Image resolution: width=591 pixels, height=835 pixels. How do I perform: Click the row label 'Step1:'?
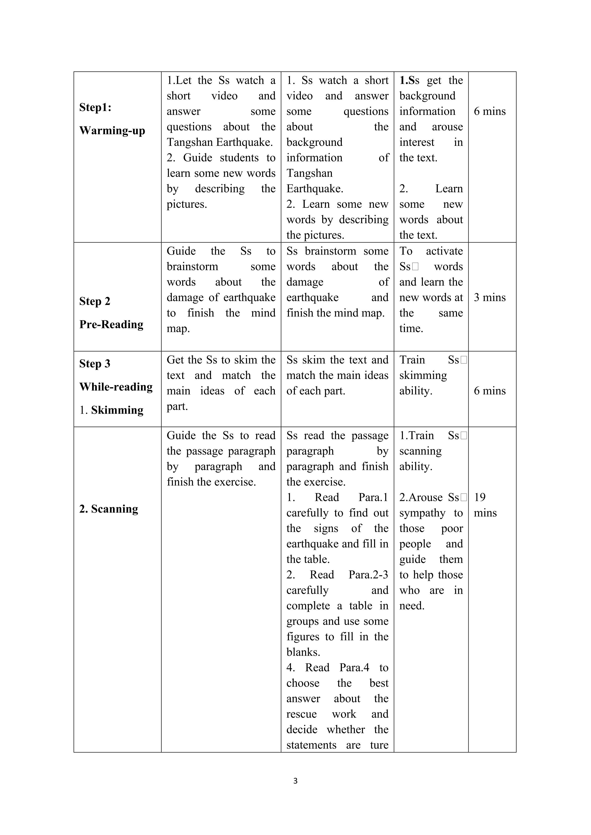pyautogui.click(x=95, y=107)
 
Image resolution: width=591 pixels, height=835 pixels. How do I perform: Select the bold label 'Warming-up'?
pyautogui.click(x=112, y=130)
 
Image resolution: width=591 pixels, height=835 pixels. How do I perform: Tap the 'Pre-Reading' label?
pyautogui.click(x=111, y=324)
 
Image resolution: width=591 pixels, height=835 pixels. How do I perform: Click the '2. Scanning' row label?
pyautogui.click(x=109, y=509)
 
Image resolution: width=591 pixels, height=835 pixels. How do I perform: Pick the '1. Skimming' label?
pyautogui.click(x=112, y=410)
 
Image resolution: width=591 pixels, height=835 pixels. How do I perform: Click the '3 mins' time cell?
pyautogui.click(x=489, y=298)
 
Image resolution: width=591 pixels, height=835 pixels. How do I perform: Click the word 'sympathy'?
pyautogui.click(x=422, y=513)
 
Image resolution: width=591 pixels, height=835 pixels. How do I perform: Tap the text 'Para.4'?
pyautogui.click(x=354, y=667)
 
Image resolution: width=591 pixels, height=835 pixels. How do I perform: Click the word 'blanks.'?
pyautogui.click(x=303, y=652)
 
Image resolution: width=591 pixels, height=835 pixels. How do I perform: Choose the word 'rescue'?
pyautogui.click(x=301, y=714)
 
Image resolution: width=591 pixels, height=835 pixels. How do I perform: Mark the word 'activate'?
pyautogui.click(x=444, y=251)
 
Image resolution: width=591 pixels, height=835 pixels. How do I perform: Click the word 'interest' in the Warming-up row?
pyautogui.click(x=417, y=142)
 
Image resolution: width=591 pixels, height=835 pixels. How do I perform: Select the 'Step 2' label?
pyautogui.click(x=95, y=301)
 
